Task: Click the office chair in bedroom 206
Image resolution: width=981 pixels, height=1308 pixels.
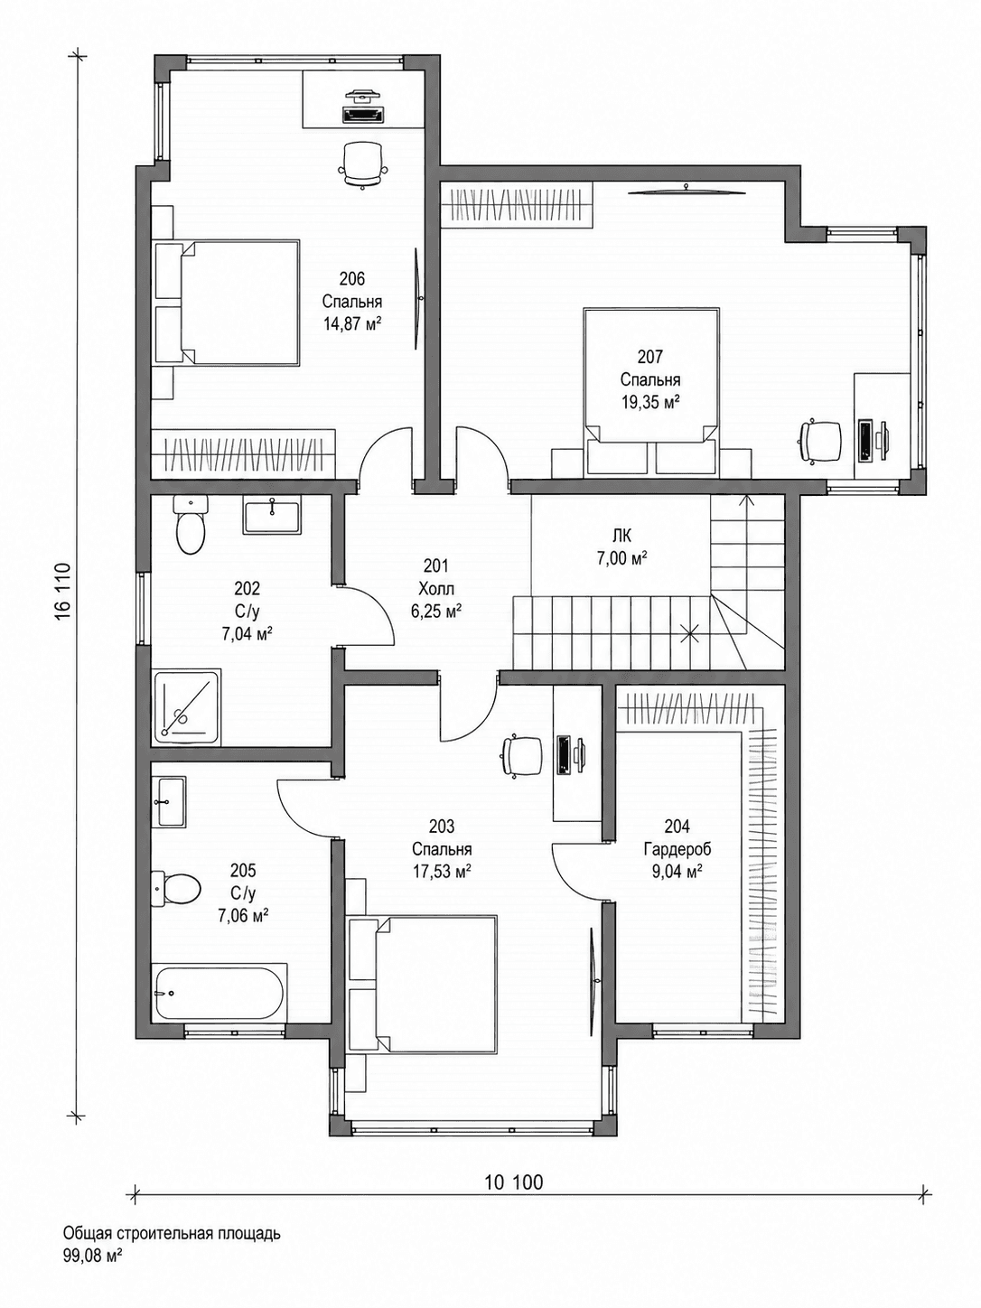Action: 363,163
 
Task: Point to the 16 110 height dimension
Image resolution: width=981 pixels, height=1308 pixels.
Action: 66,593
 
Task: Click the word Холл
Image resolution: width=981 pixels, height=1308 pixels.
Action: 436,590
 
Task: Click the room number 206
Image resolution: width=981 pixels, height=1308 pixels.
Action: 352,277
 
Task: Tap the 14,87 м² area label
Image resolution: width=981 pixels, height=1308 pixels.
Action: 352,324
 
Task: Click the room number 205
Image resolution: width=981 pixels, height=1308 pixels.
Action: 243,871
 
